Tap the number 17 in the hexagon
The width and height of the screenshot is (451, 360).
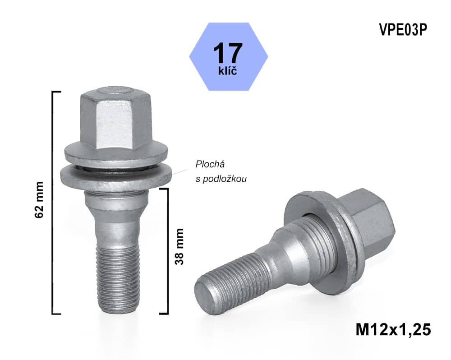[x=228, y=53]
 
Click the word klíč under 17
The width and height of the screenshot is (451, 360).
[x=228, y=70]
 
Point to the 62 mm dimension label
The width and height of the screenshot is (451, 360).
[x=40, y=200]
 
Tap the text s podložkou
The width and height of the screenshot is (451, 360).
[x=221, y=179]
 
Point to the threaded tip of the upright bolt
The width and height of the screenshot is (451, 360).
[x=115, y=289]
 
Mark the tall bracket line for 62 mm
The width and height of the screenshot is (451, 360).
[x=54, y=203]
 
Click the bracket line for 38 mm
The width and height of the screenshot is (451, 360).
[x=167, y=250]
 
